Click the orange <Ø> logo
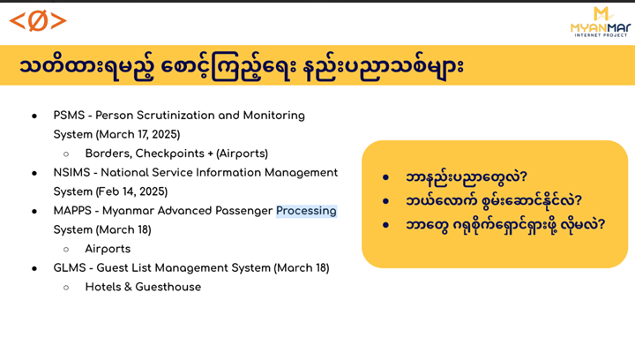coord(38,21)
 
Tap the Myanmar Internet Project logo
coord(601,22)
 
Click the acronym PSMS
coord(70,116)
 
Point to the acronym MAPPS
coord(72,211)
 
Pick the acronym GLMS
coord(70,267)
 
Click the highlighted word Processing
coord(306,211)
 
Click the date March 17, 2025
coord(138,134)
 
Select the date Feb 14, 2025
coord(131,191)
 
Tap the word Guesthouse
coord(168,287)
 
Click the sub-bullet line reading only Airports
coord(108,249)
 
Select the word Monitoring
coord(273,116)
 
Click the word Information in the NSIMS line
coord(228,173)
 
